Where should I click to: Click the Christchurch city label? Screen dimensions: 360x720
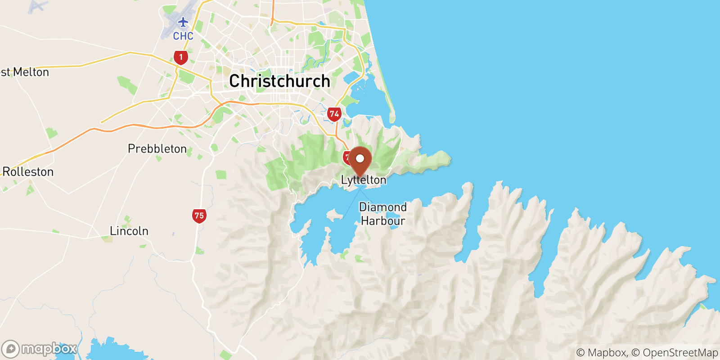tap(279, 81)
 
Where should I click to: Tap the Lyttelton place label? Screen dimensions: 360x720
tap(364, 180)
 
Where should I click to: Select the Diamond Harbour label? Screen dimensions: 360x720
tap(382, 214)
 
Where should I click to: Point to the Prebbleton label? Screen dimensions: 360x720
tap(157, 148)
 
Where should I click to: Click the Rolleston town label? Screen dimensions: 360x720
tap(28, 172)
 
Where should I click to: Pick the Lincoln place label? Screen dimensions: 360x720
tap(129, 231)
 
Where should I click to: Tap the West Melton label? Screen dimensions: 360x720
tap(25, 72)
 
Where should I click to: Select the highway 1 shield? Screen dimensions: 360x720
tap(181, 57)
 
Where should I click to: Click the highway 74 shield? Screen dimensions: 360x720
tap(334, 114)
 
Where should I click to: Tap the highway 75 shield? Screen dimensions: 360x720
tap(199, 216)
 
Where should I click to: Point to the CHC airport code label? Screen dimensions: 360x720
tap(183, 36)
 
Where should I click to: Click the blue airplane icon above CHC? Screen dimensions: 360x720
tap(183, 22)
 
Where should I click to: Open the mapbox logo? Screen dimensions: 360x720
tap(40, 349)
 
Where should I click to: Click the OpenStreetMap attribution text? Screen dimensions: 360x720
tap(680, 353)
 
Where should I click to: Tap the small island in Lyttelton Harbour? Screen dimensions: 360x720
tap(334, 215)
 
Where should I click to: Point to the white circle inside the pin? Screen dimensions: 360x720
tap(360, 158)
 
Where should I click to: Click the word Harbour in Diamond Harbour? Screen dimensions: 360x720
tap(383, 221)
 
